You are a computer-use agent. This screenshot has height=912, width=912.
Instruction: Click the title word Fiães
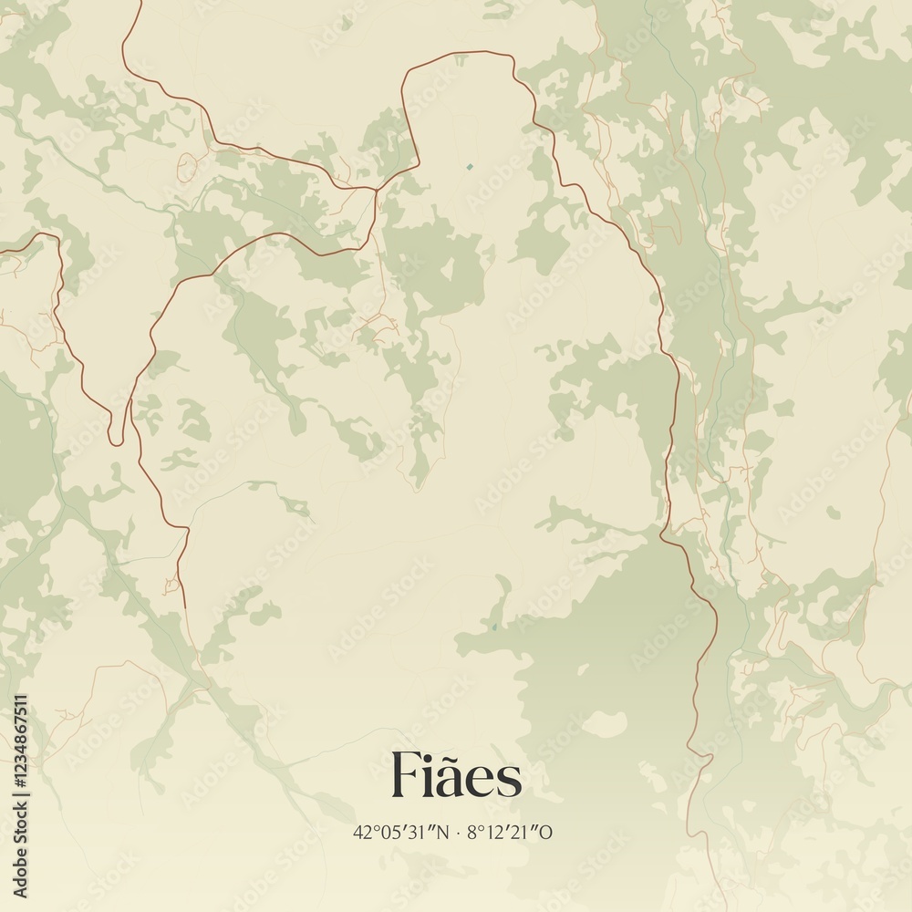pyautogui.click(x=456, y=776)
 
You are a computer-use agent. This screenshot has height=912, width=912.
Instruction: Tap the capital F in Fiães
pyautogui.click(x=406, y=776)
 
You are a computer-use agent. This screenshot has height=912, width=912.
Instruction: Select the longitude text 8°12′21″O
pyautogui.click(x=510, y=832)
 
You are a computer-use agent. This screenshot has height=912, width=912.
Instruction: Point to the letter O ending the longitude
pyautogui.click(x=548, y=832)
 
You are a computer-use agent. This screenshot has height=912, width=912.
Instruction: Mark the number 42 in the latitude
pyautogui.click(x=362, y=832)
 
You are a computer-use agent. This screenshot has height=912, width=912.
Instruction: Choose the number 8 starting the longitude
pyautogui.click(x=472, y=832)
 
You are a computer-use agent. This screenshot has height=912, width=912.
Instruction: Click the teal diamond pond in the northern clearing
pyautogui.click(x=469, y=167)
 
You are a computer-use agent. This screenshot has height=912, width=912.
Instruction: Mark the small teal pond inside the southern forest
pyautogui.click(x=493, y=627)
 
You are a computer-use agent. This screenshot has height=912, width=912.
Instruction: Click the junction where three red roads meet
pyautogui.click(x=376, y=189)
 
